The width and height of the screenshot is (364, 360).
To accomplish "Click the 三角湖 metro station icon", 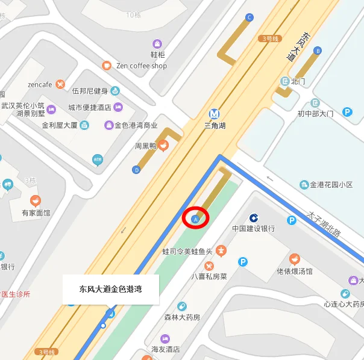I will [214, 113].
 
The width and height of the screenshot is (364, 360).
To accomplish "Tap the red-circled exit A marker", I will [195, 219].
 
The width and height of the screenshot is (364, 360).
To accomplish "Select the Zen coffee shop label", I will [142, 66].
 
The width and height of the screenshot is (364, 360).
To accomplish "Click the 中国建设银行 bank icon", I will [254, 217].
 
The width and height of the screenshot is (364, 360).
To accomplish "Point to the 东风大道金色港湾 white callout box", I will [110, 289].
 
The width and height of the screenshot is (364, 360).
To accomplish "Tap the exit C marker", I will [249, 18].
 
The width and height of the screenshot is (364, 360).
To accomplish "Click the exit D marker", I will [136, 170].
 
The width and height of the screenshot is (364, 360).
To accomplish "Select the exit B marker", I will [318, 51].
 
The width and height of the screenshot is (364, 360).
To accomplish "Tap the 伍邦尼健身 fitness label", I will [90, 92].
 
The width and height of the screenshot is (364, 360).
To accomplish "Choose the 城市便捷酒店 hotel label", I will [89, 108].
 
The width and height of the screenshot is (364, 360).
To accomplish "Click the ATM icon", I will [97, 160].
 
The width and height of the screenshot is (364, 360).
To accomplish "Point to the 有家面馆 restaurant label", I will [36, 213].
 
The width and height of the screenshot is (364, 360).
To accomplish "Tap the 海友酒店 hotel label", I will [166, 349].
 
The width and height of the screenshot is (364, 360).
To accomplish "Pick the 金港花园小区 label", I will [331, 185].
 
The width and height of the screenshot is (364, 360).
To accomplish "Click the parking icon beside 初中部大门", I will [347, 111].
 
